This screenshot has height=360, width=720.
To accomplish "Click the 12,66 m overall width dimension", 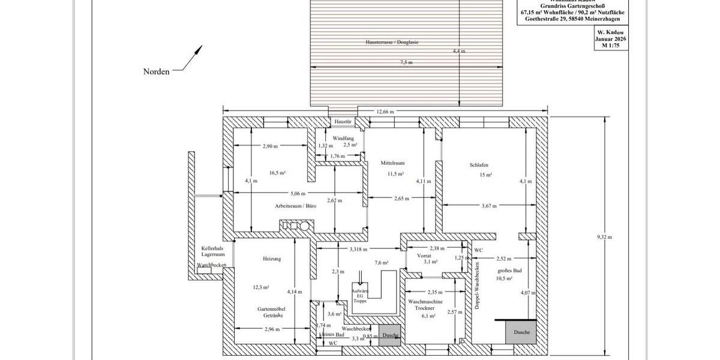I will coord(385,111).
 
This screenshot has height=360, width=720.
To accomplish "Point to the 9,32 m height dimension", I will coord(604,237).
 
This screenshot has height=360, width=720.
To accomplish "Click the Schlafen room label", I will coord(479,165).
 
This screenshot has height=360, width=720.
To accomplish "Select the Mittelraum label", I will coord(392,163).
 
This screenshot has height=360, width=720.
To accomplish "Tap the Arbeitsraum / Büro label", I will coord(287,206).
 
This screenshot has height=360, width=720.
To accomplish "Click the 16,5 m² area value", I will coord(277,173).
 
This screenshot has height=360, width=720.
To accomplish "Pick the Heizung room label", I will coord(272,259).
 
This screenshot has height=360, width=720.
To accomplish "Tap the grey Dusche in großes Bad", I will coord(521,332).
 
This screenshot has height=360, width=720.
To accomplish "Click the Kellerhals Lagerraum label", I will coord(213,251).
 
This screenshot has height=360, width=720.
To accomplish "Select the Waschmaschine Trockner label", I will coord(425,304).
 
